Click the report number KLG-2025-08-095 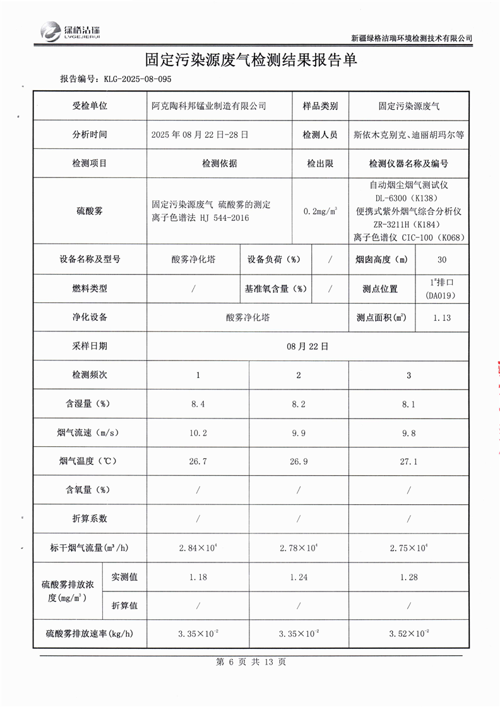pos(134,79)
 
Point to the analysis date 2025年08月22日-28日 pos(200,134)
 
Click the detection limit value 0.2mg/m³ pos(320,211)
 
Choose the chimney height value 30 pos(441,259)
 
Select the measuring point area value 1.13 pos(442,318)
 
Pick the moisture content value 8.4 pos(198,404)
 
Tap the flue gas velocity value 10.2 pos(198,433)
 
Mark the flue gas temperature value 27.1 pos(408,461)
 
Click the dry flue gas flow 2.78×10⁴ pos(299,547)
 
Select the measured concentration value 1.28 pos(408,576)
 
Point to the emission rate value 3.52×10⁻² pos(410,633)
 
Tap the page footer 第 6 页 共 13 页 pos(251,662)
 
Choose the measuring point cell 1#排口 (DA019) pos(441,288)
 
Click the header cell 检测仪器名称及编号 pos(408,163)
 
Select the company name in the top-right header pos(411,38)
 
